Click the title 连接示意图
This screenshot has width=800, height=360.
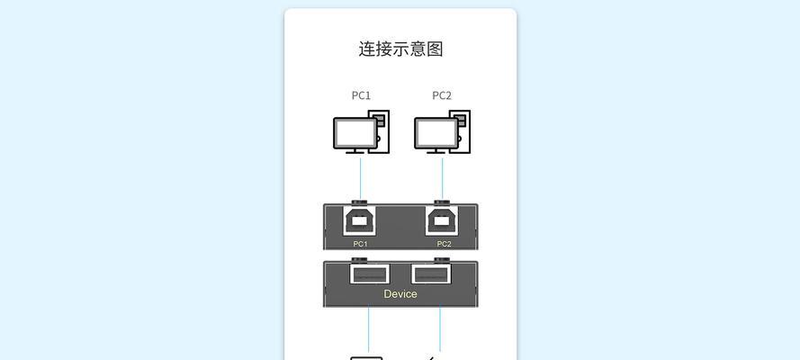400,49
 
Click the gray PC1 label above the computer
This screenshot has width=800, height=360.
361,95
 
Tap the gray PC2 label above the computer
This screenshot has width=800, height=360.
442,95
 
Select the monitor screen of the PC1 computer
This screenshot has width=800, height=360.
355,133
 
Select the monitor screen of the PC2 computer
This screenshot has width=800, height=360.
436,133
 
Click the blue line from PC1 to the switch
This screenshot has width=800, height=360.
361,178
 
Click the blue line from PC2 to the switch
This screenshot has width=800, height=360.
443,178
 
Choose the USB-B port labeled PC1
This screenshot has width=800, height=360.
361,220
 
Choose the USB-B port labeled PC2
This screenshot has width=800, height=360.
442,220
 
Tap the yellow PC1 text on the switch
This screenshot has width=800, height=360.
361,244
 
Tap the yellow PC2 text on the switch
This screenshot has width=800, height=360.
445,244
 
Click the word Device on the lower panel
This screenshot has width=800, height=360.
400,293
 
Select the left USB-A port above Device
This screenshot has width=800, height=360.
369,274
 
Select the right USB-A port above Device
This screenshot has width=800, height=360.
432,274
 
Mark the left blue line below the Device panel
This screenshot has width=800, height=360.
368,329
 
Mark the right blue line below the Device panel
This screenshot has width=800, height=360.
440,329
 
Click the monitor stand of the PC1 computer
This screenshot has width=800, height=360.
355,151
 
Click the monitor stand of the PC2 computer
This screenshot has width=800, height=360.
436,151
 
